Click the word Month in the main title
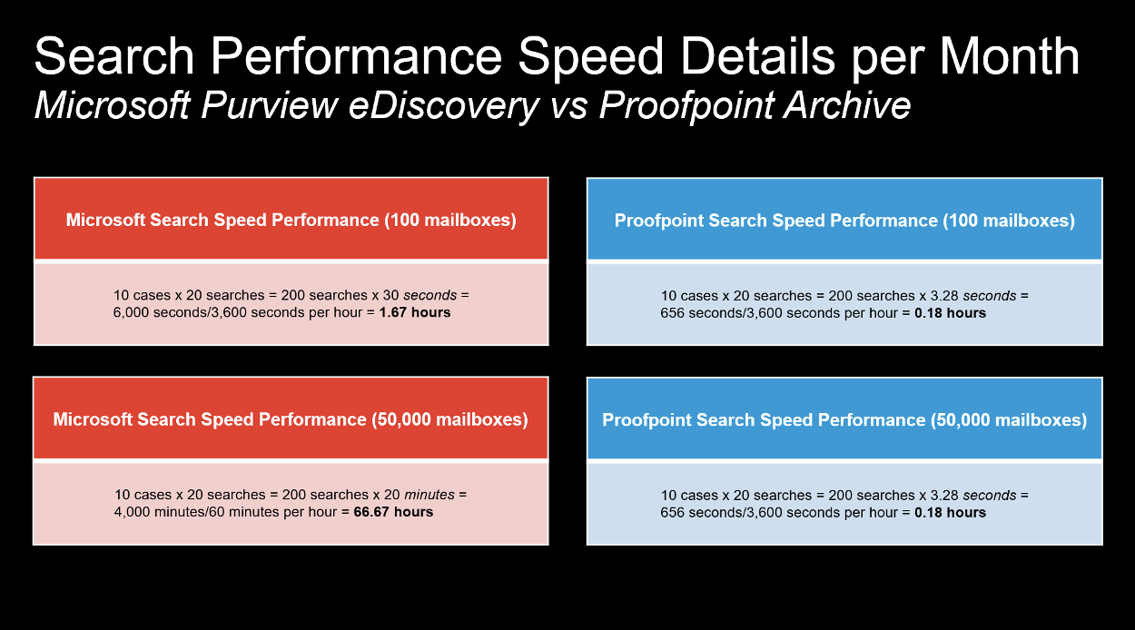click(1009, 56)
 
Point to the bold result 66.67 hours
click(393, 512)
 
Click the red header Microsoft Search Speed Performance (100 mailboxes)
click(291, 220)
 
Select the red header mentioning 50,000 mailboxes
click(291, 419)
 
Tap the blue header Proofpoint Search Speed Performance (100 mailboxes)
click(844, 220)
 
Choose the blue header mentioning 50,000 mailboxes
click(844, 419)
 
